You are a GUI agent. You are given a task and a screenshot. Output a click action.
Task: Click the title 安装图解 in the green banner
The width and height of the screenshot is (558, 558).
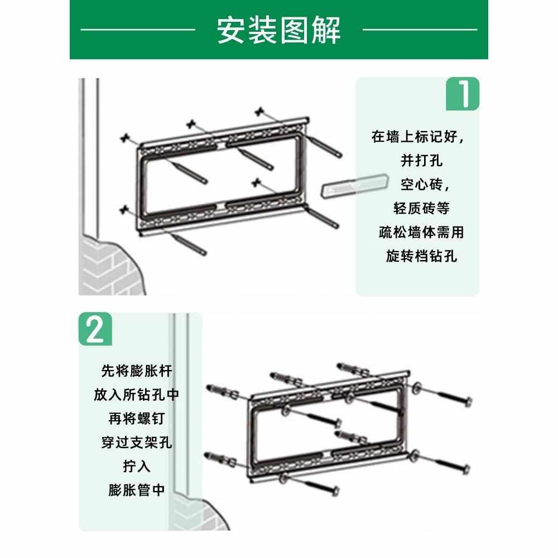tap(278, 30)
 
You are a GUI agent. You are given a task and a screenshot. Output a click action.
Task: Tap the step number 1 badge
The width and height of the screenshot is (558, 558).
tap(462, 94)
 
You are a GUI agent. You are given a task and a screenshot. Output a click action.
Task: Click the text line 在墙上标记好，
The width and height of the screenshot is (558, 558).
tap(418, 137)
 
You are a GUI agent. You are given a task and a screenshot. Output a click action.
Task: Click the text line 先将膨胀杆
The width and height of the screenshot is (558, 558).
tap(136, 371)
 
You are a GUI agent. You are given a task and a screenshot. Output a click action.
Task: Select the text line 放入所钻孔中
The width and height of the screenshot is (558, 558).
tap(136, 395)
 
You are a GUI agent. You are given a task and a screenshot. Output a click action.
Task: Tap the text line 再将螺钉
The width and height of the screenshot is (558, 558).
tap(136, 419)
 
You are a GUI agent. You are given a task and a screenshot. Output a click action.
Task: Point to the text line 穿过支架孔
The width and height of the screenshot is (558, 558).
tap(136, 443)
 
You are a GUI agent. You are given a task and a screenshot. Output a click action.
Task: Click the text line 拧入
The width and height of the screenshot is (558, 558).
tap(136, 466)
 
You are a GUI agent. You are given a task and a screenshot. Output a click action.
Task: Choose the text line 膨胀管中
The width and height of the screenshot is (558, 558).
tap(136, 490)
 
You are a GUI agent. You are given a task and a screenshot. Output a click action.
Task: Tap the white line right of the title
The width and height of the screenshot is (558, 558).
tap(420, 29)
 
